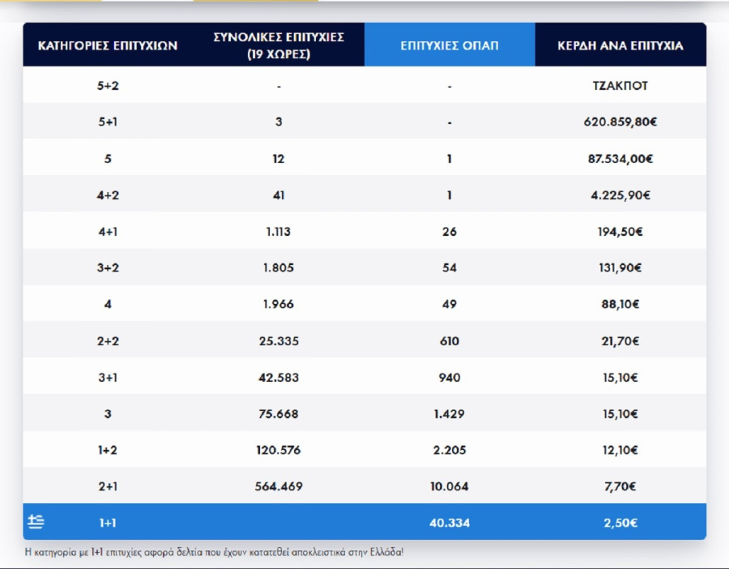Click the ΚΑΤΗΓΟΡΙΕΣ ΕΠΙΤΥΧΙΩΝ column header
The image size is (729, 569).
tap(108, 45)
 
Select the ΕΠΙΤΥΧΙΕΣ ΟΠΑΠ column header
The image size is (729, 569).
tap(450, 45)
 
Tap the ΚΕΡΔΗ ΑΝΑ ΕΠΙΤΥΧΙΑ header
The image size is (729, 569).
tap(620, 45)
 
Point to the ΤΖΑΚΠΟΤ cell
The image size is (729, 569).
tap(620, 86)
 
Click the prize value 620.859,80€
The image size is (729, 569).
tap(620, 122)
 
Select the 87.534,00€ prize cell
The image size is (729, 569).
tap(620, 159)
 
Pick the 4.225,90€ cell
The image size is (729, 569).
tap(620, 195)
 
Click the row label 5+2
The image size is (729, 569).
tap(108, 86)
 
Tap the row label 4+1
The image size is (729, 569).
tap(108, 232)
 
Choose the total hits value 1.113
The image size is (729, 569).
tap(279, 232)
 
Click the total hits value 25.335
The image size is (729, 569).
tap(279, 341)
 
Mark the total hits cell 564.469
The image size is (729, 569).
tap(279, 486)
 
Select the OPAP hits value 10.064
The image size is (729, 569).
tap(450, 486)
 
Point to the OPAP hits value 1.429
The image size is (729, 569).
tap(450, 414)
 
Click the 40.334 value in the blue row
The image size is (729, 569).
tap(450, 523)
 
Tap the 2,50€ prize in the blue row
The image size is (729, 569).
tap(620, 523)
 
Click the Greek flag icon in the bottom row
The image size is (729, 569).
tap(36, 522)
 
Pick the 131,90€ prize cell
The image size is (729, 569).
tap(620, 268)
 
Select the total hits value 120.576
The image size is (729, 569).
tap(279, 451)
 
